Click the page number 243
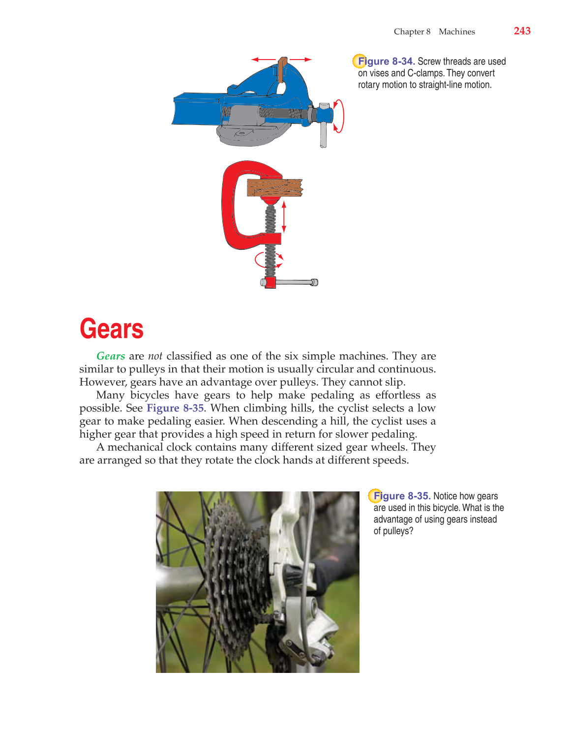522,31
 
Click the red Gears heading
112,329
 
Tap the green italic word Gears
111,356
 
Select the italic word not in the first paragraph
155,356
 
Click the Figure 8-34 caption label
386,61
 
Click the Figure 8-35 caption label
402,496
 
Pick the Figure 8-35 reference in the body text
175,408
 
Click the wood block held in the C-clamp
274,187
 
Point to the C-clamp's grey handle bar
294,282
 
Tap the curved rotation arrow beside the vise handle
339,116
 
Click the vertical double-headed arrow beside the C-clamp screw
284,216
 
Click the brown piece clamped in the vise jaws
282,69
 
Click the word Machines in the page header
456,31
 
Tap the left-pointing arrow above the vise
262,60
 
